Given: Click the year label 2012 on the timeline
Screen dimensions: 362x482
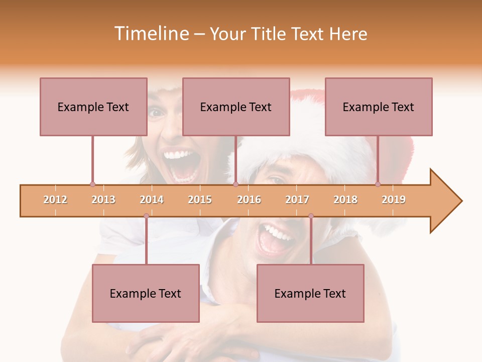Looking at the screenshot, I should pyautogui.click(x=55, y=200).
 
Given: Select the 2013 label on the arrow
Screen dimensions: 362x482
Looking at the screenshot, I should pyautogui.click(x=103, y=200).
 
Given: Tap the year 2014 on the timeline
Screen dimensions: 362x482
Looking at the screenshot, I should pyautogui.click(x=152, y=200).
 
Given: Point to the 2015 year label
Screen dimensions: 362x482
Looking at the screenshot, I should pyautogui.click(x=200, y=200).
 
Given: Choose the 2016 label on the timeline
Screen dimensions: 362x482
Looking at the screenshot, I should pyautogui.click(x=249, y=200).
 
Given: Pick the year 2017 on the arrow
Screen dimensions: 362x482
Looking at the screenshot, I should pyautogui.click(x=297, y=200).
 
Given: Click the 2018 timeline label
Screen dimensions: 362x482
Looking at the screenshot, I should pyautogui.click(x=345, y=200).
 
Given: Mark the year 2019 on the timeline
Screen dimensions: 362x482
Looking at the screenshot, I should pyautogui.click(x=394, y=200).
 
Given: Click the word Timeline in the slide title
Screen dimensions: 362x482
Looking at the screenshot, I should pyautogui.click(x=151, y=34).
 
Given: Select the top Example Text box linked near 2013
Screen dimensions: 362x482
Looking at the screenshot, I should pyautogui.click(x=93, y=107).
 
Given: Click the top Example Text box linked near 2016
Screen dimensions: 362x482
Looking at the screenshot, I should pyautogui.click(x=236, y=107).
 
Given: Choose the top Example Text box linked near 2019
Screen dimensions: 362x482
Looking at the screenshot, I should pyautogui.click(x=379, y=107).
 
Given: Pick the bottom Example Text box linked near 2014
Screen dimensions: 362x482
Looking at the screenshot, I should pyautogui.click(x=146, y=293).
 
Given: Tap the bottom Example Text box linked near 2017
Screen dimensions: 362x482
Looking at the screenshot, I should pyautogui.click(x=310, y=293).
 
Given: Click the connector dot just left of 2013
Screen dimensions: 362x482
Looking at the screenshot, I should pyautogui.click(x=92, y=184).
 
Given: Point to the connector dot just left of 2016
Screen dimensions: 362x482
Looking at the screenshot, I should pyautogui.click(x=235, y=184).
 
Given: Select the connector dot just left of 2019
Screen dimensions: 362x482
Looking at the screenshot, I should pyautogui.click(x=378, y=184).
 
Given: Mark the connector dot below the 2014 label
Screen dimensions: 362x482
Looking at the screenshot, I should pyautogui.click(x=146, y=216).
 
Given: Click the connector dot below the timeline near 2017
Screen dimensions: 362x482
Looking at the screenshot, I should pyautogui.click(x=311, y=216).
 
